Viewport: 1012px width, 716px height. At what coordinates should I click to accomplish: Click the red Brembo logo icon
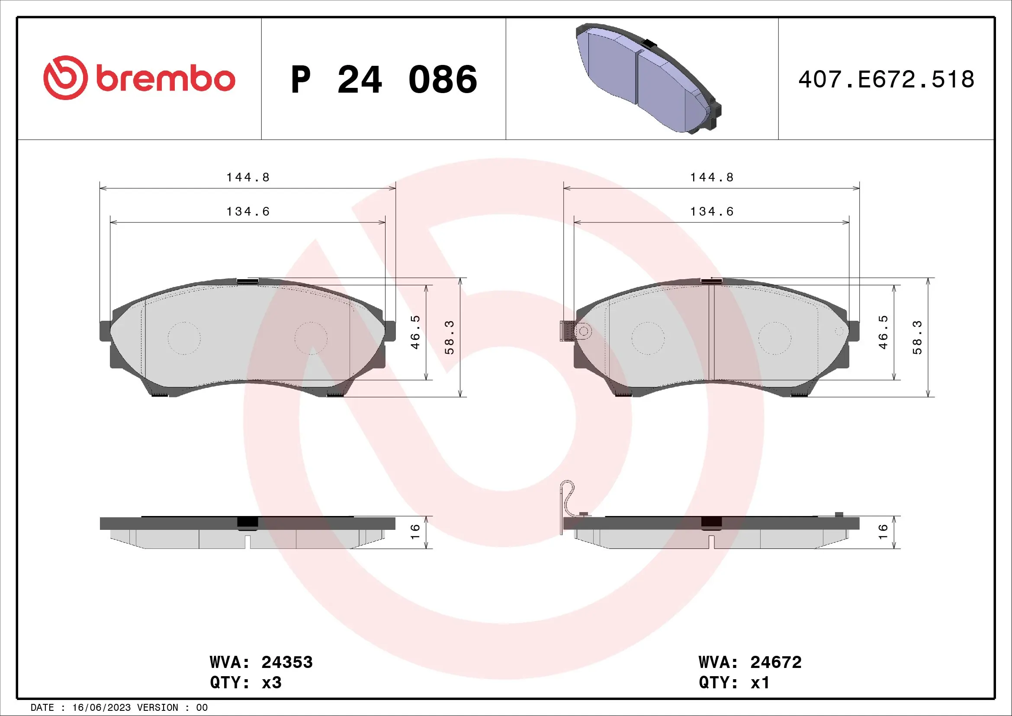(x=65, y=77)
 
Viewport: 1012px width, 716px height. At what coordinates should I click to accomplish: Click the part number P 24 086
(x=383, y=80)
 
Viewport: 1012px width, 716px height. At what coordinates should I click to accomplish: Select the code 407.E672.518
(x=886, y=80)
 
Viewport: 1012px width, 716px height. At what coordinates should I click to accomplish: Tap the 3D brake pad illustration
(x=648, y=78)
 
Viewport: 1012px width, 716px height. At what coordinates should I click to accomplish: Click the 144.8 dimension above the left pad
(x=248, y=177)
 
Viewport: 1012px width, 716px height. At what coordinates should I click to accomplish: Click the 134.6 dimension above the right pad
(x=712, y=212)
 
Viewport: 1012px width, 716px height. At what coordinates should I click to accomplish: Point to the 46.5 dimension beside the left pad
(x=415, y=332)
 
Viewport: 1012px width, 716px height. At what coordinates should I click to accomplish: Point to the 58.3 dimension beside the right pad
(x=917, y=337)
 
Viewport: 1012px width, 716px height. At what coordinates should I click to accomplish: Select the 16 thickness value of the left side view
(x=415, y=531)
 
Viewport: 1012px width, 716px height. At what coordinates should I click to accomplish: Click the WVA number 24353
(x=287, y=662)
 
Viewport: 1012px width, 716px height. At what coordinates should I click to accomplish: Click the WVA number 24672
(x=776, y=662)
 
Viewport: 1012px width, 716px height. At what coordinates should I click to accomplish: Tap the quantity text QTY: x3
(x=245, y=683)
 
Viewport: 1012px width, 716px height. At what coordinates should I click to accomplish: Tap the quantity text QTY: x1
(x=734, y=683)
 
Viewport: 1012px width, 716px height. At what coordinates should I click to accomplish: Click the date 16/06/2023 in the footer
(x=101, y=708)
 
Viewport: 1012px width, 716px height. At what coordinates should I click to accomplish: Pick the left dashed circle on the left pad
(x=184, y=338)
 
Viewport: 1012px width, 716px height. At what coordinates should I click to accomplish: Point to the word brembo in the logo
(x=165, y=79)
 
